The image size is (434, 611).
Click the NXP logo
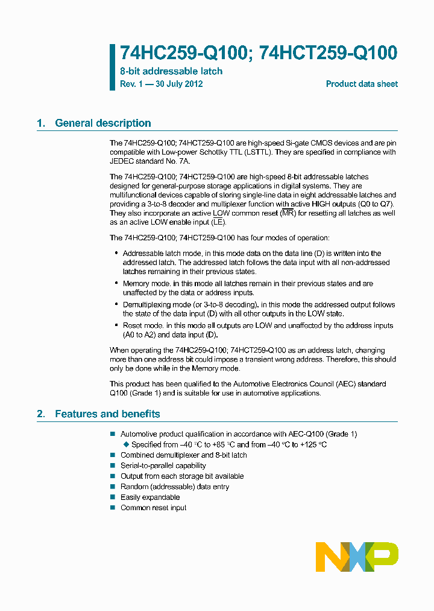pyautogui.click(x=357, y=557)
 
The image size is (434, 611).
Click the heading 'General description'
pyautogui.click(x=102, y=123)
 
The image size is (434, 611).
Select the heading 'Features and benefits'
pyautogui.click(x=107, y=414)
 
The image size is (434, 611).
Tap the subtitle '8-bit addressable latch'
pyautogui.click(x=171, y=71)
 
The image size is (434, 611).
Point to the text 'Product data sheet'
pyautogui.click(x=362, y=84)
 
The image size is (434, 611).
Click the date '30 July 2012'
pyautogui.click(x=179, y=84)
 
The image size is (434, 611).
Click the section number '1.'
pyautogui.click(x=41, y=123)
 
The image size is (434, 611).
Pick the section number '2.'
pyautogui.click(x=41, y=414)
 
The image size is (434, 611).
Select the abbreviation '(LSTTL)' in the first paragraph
pyautogui.click(x=257, y=152)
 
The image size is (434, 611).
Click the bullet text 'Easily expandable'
pyautogui.click(x=150, y=497)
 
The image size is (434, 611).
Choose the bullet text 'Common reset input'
pyautogui.click(x=153, y=508)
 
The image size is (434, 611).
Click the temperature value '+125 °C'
pyautogui.click(x=313, y=444)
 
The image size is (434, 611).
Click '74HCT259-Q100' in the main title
pyautogui.click(x=329, y=53)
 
